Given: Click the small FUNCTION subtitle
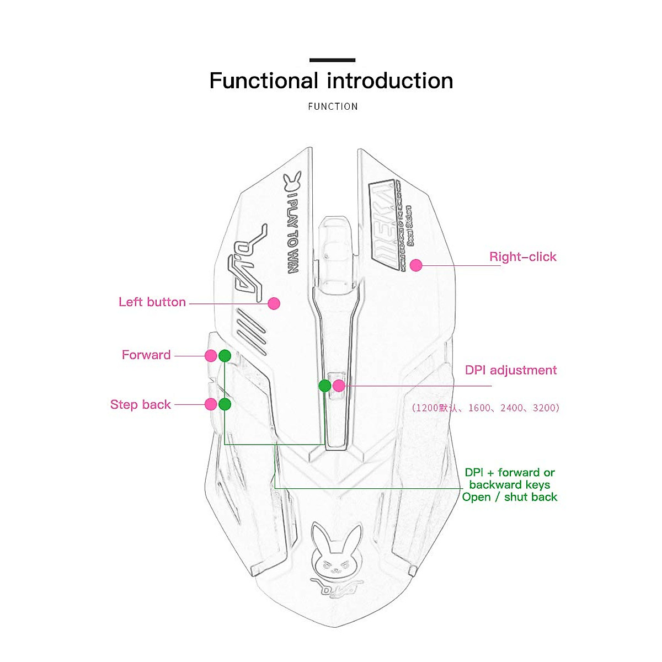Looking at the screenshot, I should point(333,106).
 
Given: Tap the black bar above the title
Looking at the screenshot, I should point(332,60).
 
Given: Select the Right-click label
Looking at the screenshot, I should point(522,257).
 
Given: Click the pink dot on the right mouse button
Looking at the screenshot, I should point(416,265).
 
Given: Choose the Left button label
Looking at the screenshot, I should point(152,302).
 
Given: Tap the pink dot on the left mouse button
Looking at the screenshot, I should point(274,303).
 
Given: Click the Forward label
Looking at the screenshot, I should point(146,355).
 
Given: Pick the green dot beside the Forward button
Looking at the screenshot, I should point(225,356).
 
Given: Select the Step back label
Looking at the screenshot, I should point(141,404).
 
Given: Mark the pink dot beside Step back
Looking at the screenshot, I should point(210,404).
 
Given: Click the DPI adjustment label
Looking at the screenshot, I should point(511,370).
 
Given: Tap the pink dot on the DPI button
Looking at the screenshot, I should point(339,386).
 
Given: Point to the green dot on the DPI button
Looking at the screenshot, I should point(325,386).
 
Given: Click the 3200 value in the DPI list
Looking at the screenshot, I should point(544,408).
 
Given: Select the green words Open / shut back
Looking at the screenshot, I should point(510,497).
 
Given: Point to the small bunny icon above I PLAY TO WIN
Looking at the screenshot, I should point(292,181).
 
